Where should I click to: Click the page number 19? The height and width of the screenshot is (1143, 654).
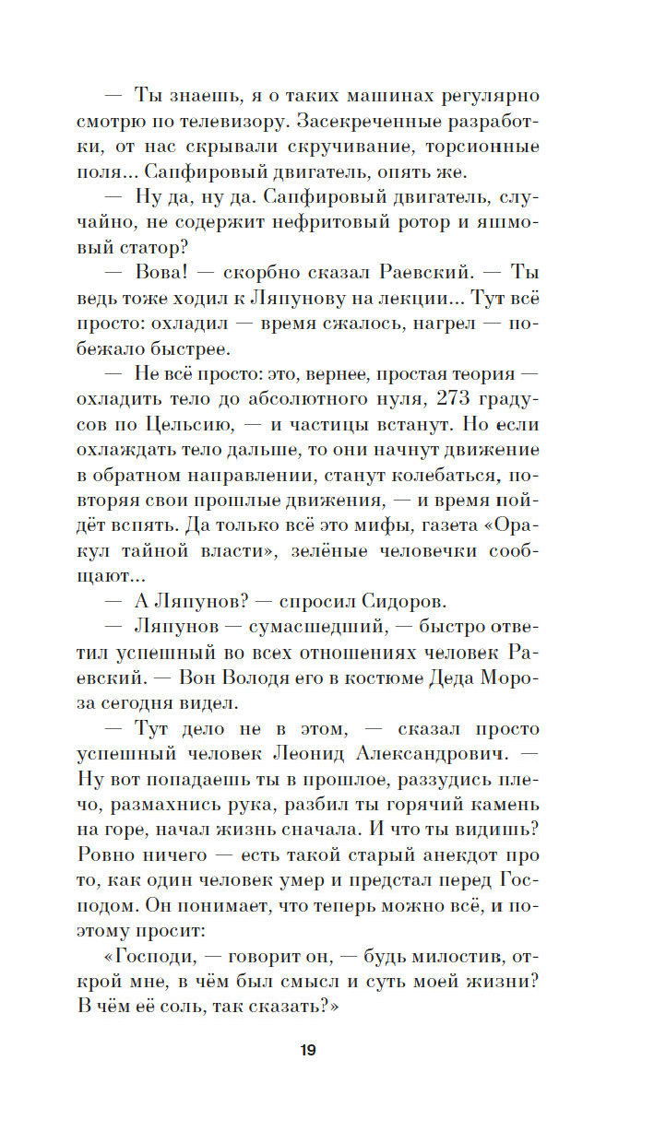[308, 1050]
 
